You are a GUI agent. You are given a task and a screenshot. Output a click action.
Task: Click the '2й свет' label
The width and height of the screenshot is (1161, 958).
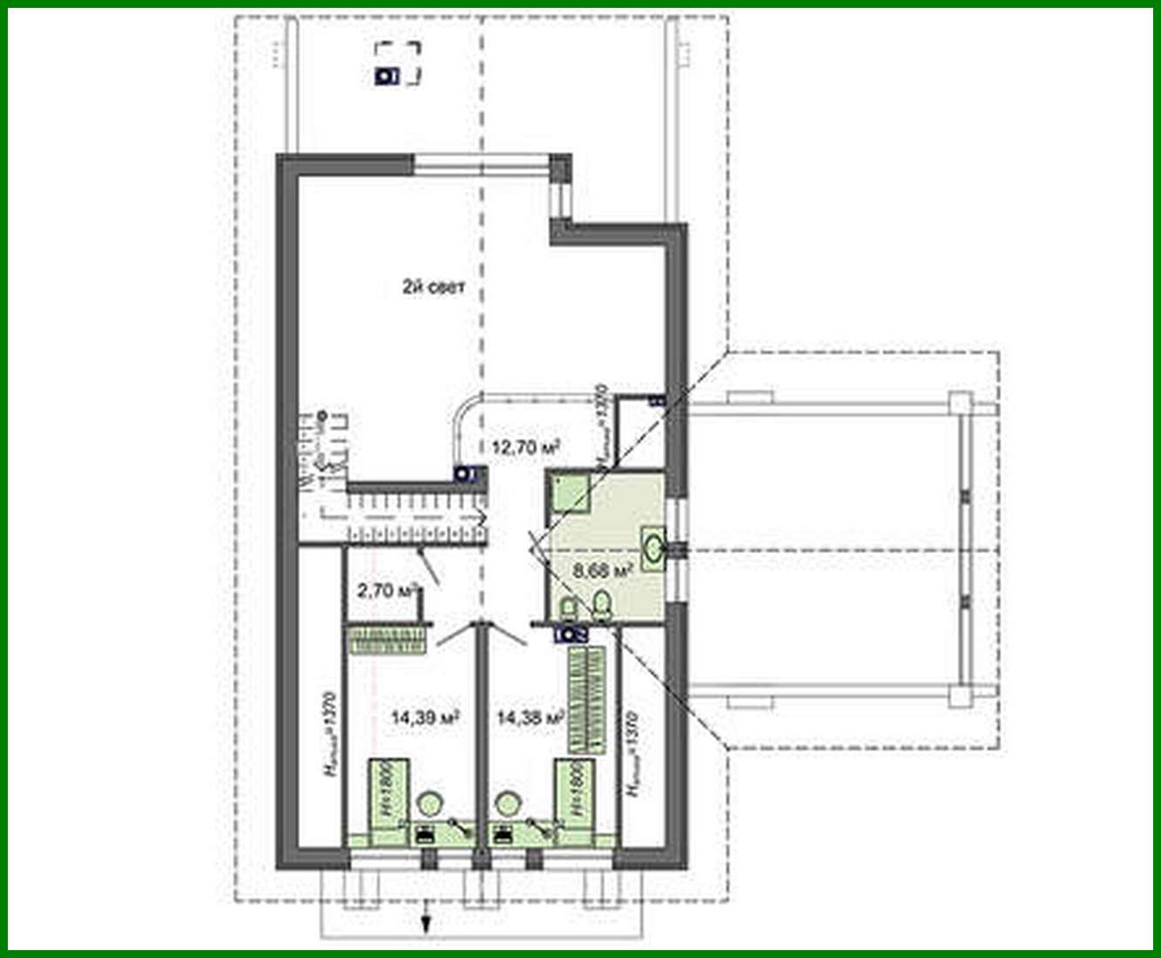coord(433,289)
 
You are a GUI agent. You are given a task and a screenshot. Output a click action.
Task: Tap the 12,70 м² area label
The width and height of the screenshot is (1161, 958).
coord(525,447)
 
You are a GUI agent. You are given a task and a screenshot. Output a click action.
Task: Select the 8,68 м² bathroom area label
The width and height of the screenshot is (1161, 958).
coord(601,571)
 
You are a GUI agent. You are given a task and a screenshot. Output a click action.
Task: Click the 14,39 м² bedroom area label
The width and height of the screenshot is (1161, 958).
coord(425,718)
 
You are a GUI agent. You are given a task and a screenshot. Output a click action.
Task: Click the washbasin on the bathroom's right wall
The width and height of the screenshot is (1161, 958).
coord(653,547)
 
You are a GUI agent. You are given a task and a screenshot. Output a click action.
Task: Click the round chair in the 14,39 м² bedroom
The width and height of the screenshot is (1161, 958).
coord(428,802)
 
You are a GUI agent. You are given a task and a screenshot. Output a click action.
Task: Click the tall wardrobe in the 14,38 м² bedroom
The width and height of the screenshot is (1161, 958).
coord(586,699)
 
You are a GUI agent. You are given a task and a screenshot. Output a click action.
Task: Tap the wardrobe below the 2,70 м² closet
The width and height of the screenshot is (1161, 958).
coord(389,640)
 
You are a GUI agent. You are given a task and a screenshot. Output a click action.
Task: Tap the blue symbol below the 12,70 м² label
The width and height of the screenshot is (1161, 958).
coord(463,475)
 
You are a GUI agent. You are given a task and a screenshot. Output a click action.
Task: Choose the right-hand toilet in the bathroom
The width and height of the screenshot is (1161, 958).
coord(600,603)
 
